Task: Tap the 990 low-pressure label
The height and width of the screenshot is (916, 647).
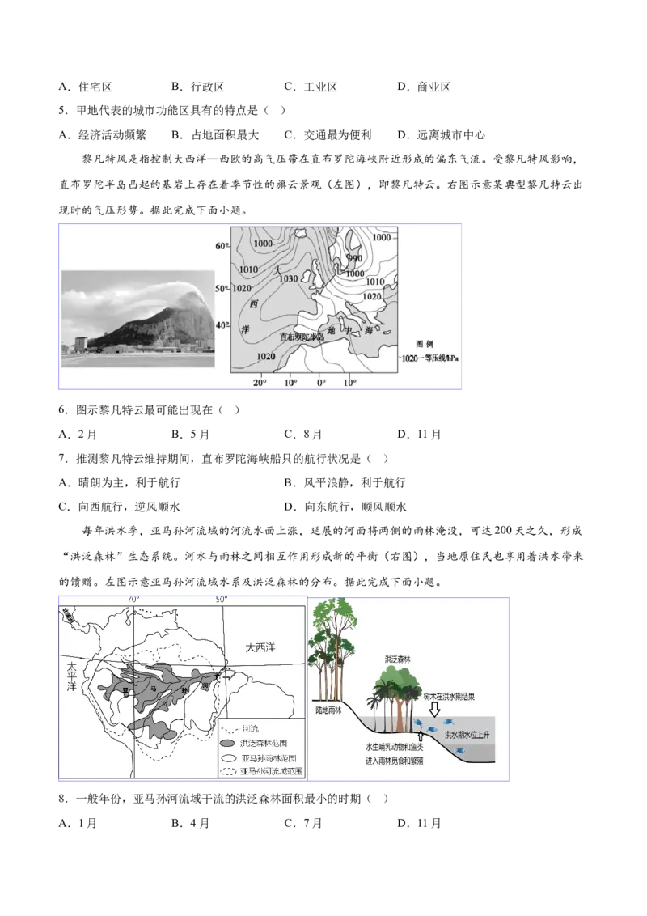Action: pyautogui.click(x=354, y=258)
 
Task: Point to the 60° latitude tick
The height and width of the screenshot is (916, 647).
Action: pyautogui.click(x=222, y=246)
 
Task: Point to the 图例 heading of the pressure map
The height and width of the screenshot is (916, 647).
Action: pyautogui.click(x=425, y=343)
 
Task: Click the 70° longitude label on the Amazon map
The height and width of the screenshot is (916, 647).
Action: pyautogui.click(x=133, y=600)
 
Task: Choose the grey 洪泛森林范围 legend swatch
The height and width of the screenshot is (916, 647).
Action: pyautogui.click(x=229, y=743)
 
